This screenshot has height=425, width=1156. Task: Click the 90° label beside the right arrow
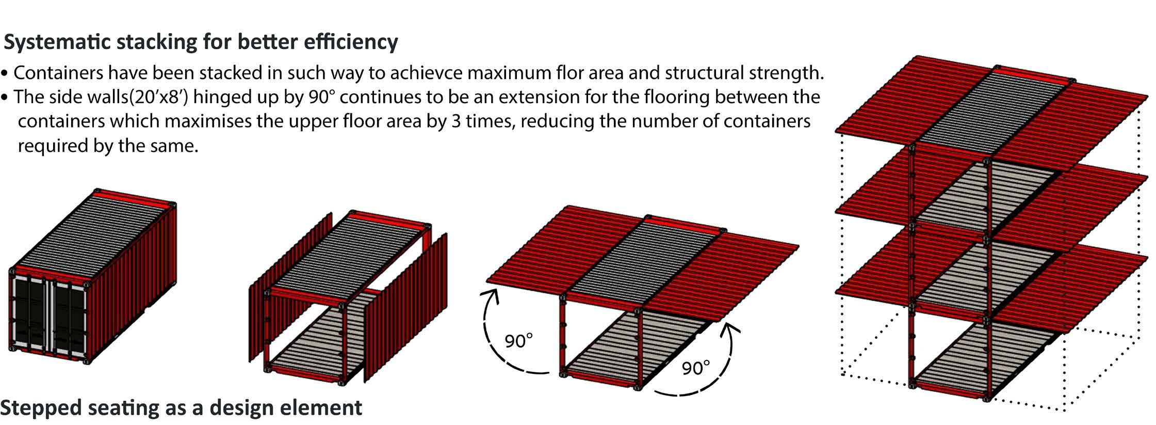(x=696, y=368)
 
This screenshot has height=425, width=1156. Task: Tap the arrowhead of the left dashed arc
(x=491, y=296)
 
